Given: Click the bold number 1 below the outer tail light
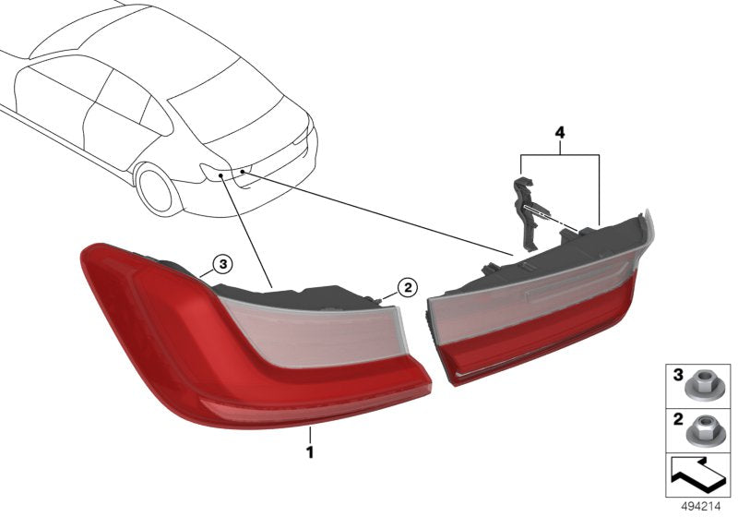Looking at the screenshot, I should click(310, 453).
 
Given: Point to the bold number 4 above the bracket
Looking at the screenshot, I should click(558, 133).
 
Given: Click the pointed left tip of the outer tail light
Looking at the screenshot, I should click(86, 250).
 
